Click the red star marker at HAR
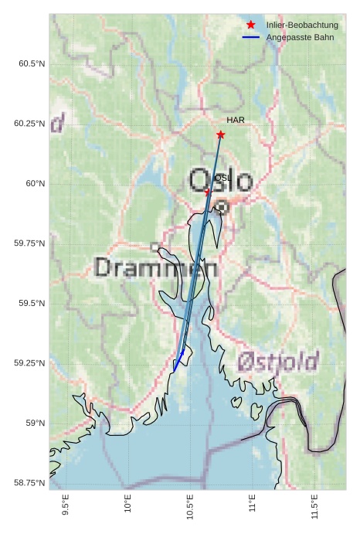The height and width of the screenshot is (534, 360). pyautogui.click(x=221, y=134)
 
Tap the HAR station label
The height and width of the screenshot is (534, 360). pyautogui.click(x=236, y=120)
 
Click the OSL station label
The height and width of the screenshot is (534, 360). pyautogui.click(x=222, y=178)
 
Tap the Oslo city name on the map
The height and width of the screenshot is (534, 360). pyautogui.click(x=221, y=182)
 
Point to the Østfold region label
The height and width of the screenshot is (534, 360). pyautogui.click(x=278, y=361)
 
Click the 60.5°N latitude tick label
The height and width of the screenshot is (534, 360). pyautogui.click(x=32, y=63)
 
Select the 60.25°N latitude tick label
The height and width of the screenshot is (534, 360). pyautogui.click(x=29, y=124)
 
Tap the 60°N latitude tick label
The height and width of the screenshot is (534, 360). pyautogui.click(x=35, y=184)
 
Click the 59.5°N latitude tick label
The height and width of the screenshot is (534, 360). pyautogui.click(x=32, y=304)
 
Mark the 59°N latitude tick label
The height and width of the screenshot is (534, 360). pyautogui.click(x=35, y=423)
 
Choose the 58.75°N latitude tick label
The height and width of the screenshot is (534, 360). pyautogui.click(x=29, y=483)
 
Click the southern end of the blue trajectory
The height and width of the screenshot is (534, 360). pyautogui.click(x=174, y=371)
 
